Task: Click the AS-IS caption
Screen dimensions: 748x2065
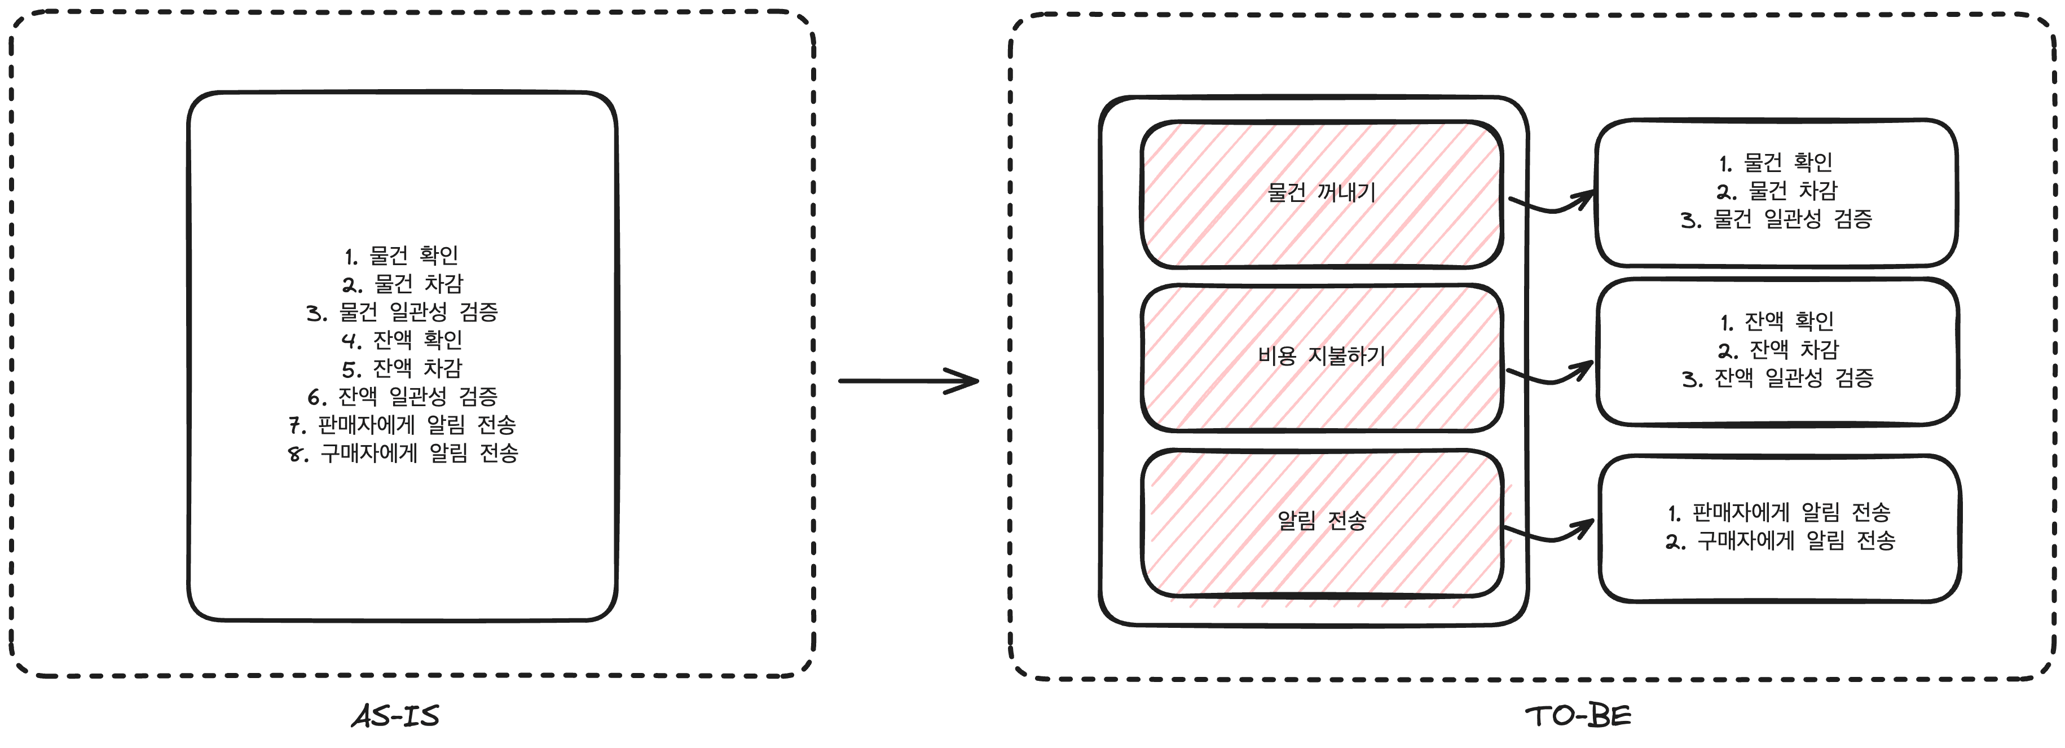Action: pos(396,716)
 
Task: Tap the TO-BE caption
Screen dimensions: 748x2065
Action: pos(1578,716)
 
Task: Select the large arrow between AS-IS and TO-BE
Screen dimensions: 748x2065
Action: pos(908,381)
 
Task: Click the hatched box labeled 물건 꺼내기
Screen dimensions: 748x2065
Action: pos(1321,193)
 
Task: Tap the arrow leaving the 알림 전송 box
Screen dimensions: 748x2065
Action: pos(1548,533)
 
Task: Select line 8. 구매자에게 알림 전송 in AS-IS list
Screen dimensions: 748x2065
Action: pos(403,454)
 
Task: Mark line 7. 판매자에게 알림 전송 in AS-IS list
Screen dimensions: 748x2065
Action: pos(402,425)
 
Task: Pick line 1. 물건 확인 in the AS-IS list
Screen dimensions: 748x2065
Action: pos(402,256)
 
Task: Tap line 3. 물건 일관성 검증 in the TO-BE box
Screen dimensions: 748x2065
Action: pos(1776,219)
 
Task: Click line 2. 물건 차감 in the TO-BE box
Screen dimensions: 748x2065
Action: pos(1776,191)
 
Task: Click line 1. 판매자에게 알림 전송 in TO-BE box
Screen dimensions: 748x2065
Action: pos(1780,512)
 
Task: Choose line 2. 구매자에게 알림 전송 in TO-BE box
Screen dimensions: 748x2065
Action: pos(1780,541)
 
